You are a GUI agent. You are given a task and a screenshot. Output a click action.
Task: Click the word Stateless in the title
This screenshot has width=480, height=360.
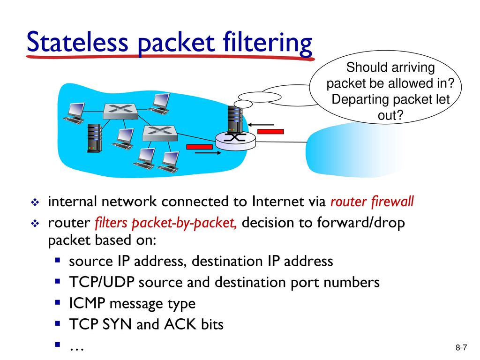pyautogui.click(x=77, y=42)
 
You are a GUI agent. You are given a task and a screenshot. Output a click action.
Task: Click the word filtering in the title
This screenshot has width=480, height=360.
pyautogui.click(x=268, y=43)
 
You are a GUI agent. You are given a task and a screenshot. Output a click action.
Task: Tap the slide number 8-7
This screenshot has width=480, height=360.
pyautogui.click(x=461, y=347)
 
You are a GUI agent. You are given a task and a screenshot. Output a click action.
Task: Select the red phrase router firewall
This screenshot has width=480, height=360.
pyautogui.click(x=372, y=202)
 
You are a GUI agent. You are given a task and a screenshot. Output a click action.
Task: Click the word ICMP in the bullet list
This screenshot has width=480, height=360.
pyautogui.click(x=87, y=303)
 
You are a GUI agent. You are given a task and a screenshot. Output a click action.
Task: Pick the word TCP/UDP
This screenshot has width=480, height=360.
pyautogui.click(x=102, y=282)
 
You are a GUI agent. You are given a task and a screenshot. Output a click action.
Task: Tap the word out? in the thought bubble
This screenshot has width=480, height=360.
pyautogui.click(x=390, y=115)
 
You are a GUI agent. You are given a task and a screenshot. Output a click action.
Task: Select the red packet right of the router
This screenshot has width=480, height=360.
pyautogui.click(x=270, y=131)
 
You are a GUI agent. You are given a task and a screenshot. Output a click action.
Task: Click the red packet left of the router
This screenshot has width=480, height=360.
pyautogui.click(x=199, y=147)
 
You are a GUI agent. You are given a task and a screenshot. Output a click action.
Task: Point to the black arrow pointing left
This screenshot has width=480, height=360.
pyautogui.click(x=261, y=125)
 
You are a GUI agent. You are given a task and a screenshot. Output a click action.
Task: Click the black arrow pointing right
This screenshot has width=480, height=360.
pyautogui.click(x=208, y=152)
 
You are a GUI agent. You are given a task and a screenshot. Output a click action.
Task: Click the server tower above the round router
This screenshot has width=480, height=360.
pyautogui.click(x=235, y=120)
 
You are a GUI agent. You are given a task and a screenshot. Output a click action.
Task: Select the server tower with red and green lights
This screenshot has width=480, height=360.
pyautogui.click(x=94, y=138)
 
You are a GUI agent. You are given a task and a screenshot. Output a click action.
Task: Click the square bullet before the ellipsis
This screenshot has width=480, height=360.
pyautogui.click(x=58, y=345)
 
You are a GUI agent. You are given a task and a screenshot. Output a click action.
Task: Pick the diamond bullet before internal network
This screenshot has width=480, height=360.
pyautogui.click(x=35, y=202)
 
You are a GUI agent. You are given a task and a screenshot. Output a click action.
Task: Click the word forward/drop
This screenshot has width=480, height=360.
pyautogui.click(x=361, y=223)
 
